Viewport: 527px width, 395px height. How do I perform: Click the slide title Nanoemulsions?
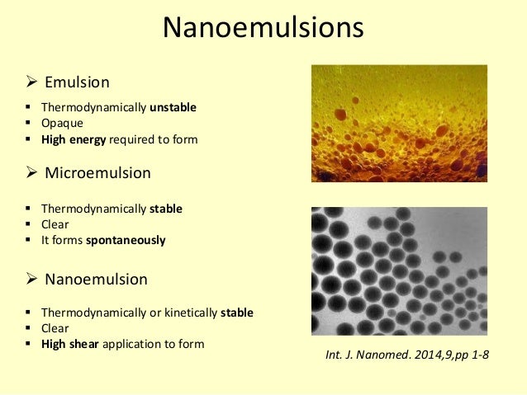pyautogui.click(x=263, y=28)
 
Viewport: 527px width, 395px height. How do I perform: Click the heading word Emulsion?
pyautogui.click(x=77, y=82)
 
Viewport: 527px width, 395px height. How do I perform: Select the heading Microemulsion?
pyautogui.click(x=97, y=174)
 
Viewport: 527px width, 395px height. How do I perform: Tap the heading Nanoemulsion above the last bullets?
pyautogui.click(x=96, y=280)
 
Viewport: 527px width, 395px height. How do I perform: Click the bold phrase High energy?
pyautogui.click(x=74, y=139)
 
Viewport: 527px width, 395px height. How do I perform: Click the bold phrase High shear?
pyautogui.click(x=69, y=344)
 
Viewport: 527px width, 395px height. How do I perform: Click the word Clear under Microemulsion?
pyautogui.click(x=57, y=224)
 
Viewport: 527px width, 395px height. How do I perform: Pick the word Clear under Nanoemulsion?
pyautogui.click(x=57, y=328)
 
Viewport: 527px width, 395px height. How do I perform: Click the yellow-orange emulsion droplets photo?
pyautogui.click(x=399, y=124)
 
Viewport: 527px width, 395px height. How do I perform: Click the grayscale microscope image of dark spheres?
pyautogui.click(x=399, y=270)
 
